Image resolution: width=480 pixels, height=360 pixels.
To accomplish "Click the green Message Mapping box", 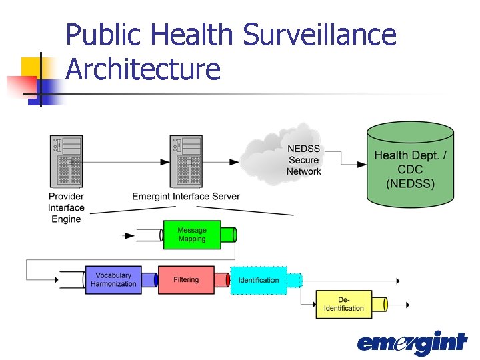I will pyautogui.click(x=192, y=235).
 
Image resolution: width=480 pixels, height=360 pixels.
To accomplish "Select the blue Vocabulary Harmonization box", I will pyautogui.click(x=113, y=280).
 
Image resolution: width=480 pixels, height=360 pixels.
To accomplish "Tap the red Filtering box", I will pyautogui.click(x=186, y=280).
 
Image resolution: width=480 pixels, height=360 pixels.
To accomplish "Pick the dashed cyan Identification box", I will pyautogui.click(x=259, y=280).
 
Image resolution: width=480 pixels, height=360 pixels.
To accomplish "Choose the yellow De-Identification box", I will pyautogui.click(x=344, y=304).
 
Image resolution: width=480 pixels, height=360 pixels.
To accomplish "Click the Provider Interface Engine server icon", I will pyautogui.click(x=66, y=161).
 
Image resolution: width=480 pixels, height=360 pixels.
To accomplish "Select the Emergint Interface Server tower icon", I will pyautogui.click(x=186, y=161).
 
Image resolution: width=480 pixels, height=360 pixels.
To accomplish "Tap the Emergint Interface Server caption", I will pyautogui.click(x=186, y=197).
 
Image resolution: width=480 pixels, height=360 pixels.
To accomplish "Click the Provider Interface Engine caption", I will pyautogui.click(x=66, y=207).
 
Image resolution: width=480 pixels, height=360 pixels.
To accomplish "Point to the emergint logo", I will pyautogui.click(x=411, y=343).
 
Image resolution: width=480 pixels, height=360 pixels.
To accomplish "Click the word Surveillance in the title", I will pyautogui.click(x=319, y=35).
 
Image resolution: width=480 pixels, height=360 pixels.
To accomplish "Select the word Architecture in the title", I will pyautogui.click(x=143, y=69).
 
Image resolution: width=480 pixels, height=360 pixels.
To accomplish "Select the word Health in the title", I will pyautogui.click(x=193, y=35).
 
